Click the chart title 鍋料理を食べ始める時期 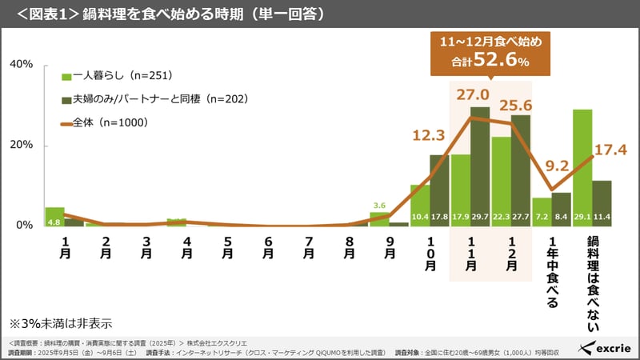click(x=172, y=14)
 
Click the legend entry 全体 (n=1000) click(x=112, y=123)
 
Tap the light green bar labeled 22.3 click(x=502, y=180)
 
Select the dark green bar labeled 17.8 click(x=439, y=188)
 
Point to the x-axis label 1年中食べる click(x=552, y=272)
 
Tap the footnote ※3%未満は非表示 click(x=60, y=324)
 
